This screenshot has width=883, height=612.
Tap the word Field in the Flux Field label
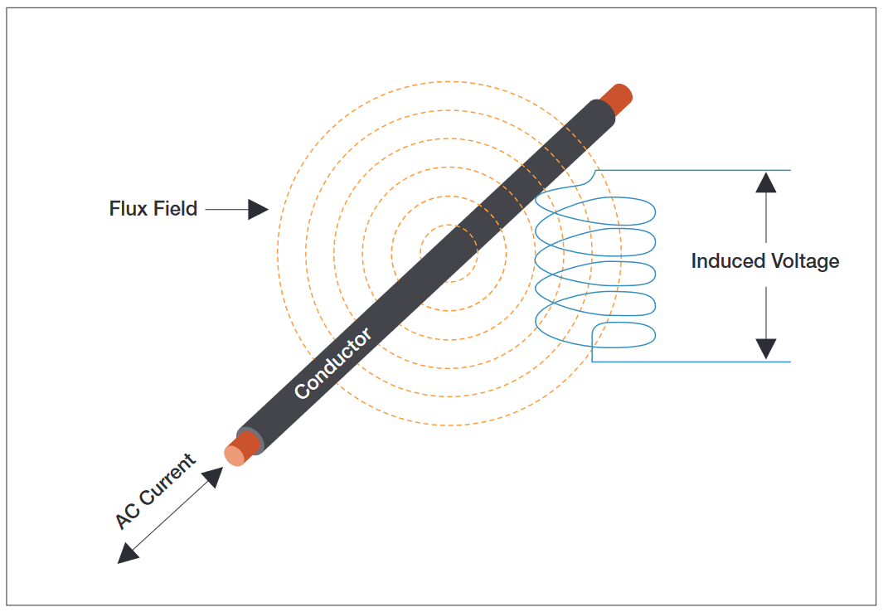point(175,208)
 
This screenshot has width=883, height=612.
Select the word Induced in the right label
point(727,261)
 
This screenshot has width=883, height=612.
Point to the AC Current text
point(155,492)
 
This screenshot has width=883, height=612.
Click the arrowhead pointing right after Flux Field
point(259,210)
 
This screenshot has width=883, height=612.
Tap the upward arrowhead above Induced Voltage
point(766,181)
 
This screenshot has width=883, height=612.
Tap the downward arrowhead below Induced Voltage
point(766,350)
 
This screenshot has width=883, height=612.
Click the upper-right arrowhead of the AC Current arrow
point(214,476)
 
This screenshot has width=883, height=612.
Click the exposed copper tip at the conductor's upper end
point(618,97)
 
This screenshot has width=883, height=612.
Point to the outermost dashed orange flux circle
point(278,253)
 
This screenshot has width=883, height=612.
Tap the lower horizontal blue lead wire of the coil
point(696,362)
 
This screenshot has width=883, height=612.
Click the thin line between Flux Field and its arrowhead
point(226,210)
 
